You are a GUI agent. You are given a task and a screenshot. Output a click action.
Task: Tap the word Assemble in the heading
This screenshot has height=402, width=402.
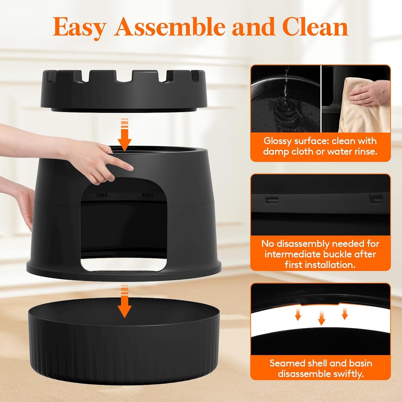[x=170, y=27]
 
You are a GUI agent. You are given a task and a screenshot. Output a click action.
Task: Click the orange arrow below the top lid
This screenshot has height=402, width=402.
[x=124, y=135]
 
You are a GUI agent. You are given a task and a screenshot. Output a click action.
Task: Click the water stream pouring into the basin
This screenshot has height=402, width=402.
[x=285, y=89]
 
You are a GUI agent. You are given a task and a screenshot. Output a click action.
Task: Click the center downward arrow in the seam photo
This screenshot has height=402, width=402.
[x=321, y=318]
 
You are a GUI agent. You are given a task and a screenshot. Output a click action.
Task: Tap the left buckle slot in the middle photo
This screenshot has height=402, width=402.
[x=272, y=199]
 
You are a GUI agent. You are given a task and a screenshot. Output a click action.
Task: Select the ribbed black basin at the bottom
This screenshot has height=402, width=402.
[x=124, y=348]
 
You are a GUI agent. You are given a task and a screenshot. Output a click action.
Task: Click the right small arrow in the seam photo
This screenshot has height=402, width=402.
[x=345, y=314]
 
